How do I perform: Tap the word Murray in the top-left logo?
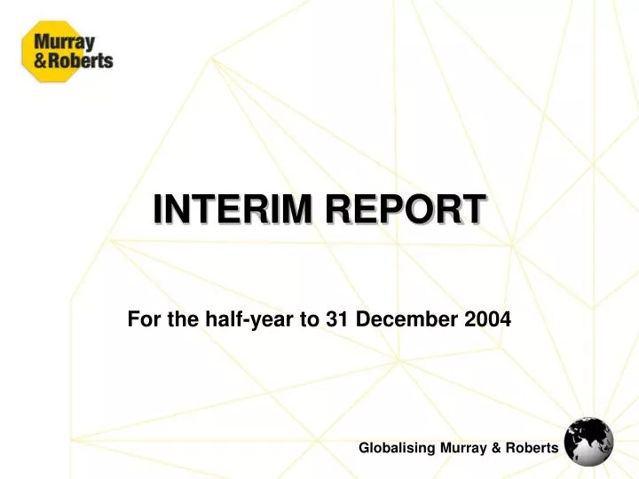click(x=65, y=41)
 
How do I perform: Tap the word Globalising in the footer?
click(x=397, y=449)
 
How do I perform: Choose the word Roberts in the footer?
click(x=532, y=449)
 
